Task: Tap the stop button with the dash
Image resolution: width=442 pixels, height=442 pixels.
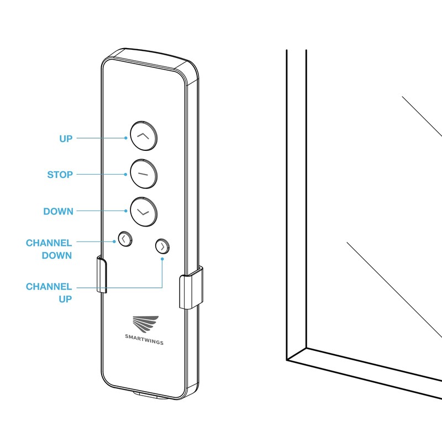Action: click(143, 173)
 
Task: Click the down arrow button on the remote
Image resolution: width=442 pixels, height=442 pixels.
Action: click(143, 211)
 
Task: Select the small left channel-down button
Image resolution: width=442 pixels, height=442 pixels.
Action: click(124, 239)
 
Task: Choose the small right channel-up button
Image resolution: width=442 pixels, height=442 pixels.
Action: click(162, 246)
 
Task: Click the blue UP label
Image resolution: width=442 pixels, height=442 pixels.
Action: click(66, 139)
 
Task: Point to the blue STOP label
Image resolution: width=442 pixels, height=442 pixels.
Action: click(60, 175)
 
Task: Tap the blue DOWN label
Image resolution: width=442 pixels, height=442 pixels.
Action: click(58, 212)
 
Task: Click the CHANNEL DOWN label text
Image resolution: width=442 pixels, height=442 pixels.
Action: click(49, 249)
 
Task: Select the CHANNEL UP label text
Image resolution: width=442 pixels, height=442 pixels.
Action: click(49, 292)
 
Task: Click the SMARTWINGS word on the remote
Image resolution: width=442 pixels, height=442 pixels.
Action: click(144, 342)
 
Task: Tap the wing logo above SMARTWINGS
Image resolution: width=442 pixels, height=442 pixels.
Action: click(145, 324)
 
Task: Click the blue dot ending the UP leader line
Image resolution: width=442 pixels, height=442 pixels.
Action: click(126, 138)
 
